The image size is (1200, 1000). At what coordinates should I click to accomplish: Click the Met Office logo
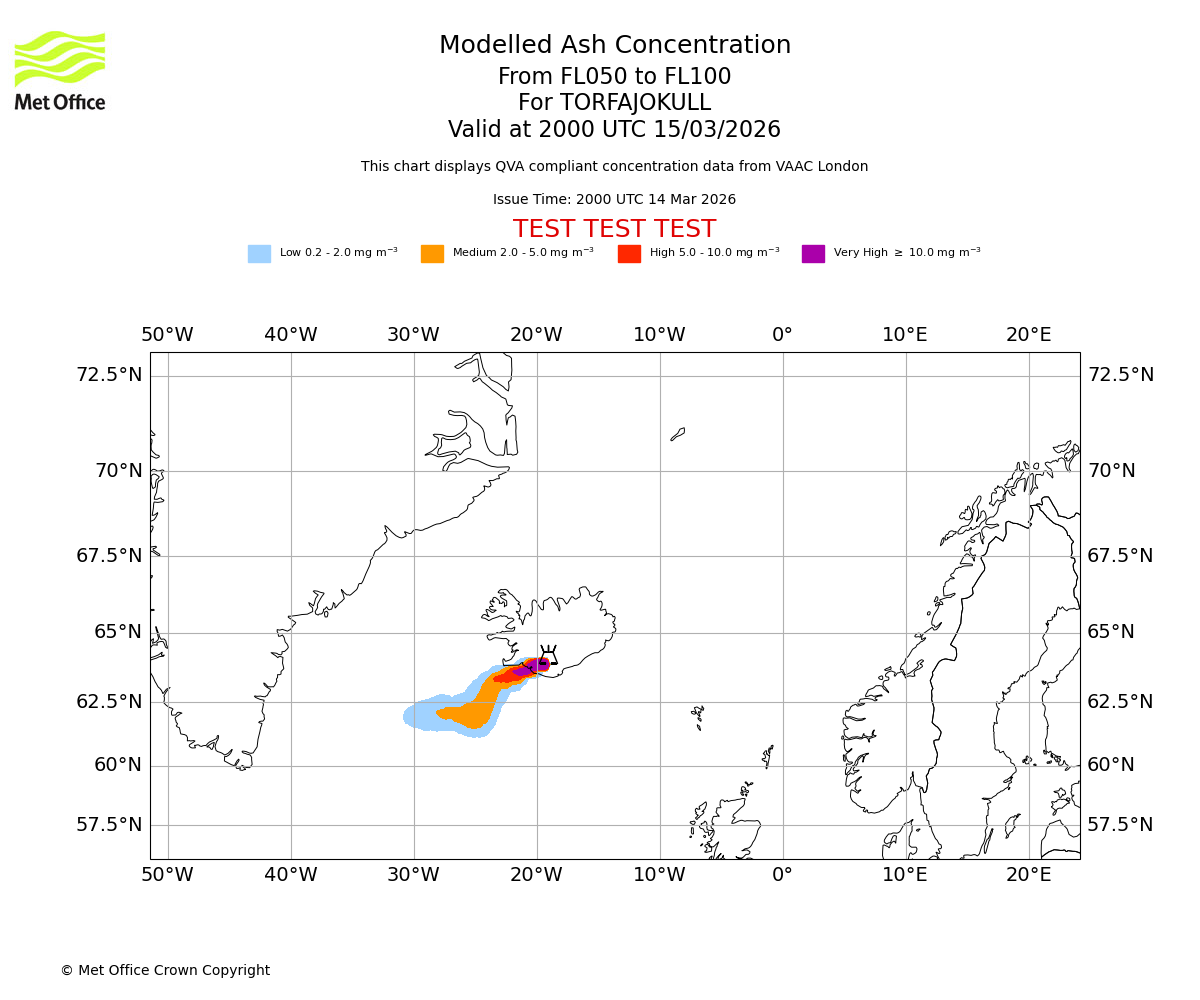coord(60,70)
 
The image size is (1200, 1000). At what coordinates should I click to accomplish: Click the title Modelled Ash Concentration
coord(614,46)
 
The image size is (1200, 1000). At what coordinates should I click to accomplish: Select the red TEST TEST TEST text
coord(614,230)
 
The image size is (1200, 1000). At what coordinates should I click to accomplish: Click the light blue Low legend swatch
coord(259,254)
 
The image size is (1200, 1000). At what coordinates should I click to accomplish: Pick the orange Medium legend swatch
coord(432,254)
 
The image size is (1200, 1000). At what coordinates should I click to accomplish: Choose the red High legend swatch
coord(629,254)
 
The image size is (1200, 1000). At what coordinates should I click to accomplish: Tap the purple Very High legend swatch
coord(813,254)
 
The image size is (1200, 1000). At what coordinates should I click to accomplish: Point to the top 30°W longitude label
coord(413,335)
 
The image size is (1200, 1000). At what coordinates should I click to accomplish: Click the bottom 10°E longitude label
coord(905,875)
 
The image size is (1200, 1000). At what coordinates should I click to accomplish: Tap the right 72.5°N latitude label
coord(1120,375)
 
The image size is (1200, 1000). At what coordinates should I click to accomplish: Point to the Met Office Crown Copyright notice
coord(165,970)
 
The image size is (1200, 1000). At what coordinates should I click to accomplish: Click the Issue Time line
coord(614,200)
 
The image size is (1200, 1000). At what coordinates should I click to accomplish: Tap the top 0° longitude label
coord(782,335)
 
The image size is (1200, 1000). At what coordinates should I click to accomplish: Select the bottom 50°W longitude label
coord(167,875)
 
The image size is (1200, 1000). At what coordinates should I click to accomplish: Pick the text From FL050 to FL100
coord(614,77)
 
